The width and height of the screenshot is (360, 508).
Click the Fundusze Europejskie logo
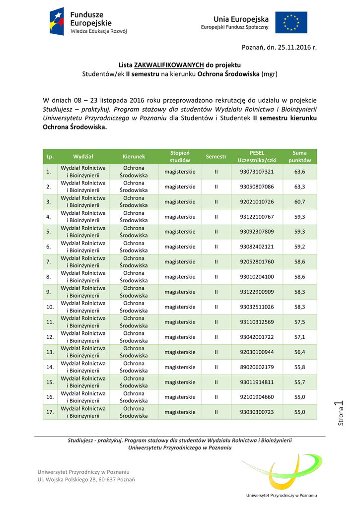click(88, 22)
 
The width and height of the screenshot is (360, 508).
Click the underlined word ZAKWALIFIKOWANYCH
click(169, 65)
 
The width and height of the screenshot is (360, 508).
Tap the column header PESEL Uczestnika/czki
click(257, 156)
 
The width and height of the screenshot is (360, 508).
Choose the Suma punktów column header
click(299, 156)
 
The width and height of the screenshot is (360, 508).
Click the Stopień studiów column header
click(180, 156)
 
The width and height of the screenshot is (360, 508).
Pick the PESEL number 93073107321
click(257, 172)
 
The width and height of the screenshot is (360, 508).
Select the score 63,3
click(299, 187)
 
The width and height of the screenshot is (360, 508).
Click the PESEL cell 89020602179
click(257, 367)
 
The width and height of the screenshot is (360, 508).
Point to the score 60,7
click(299, 202)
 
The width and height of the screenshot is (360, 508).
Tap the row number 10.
click(50, 307)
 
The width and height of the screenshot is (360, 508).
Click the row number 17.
click(50, 412)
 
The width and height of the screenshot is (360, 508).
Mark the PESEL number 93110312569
click(257, 322)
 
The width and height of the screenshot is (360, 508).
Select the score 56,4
click(299, 352)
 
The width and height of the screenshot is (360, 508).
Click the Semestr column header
click(216, 156)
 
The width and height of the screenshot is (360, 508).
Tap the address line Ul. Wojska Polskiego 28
click(86, 479)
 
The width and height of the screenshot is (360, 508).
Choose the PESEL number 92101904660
click(257, 397)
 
